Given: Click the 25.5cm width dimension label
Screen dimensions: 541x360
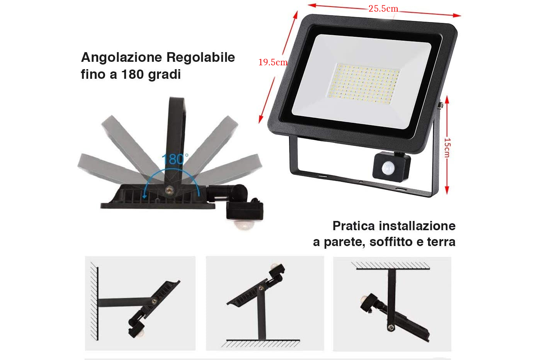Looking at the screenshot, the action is pyautogui.click(x=383, y=9).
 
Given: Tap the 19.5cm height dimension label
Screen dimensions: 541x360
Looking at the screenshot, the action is pyautogui.click(x=273, y=62).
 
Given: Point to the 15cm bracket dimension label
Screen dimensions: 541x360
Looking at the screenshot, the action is pyautogui.click(x=447, y=148).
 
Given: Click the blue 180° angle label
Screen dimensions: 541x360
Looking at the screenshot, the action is pyautogui.click(x=175, y=159).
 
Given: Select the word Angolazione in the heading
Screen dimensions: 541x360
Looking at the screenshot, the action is pyautogui.click(x=121, y=58).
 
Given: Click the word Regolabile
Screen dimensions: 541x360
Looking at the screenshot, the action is pyautogui.click(x=201, y=58).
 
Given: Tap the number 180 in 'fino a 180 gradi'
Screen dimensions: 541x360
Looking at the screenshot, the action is pyautogui.click(x=133, y=74).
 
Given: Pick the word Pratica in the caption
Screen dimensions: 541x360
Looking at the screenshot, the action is pyautogui.click(x=354, y=226).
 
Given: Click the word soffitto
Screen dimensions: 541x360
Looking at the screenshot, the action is pyautogui.click(x=391, y=242).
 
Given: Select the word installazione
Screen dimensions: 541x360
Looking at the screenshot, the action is pyautogui.click(x=417, y=226).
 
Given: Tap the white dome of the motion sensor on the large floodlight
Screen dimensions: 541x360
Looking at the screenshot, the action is pyautogui.click(x=388, y=168).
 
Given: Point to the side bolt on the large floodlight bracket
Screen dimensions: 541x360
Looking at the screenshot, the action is pyautogui.click(x=441, y=105).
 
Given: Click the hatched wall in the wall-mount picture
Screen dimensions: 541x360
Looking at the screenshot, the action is pyautogui.click(x=94, y=301).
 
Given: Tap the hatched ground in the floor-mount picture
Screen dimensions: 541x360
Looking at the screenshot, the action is pyautogui.click(x=260, y=343).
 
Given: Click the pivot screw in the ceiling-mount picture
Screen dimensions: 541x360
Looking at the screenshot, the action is pyautogui.click(x=391, y=327).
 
